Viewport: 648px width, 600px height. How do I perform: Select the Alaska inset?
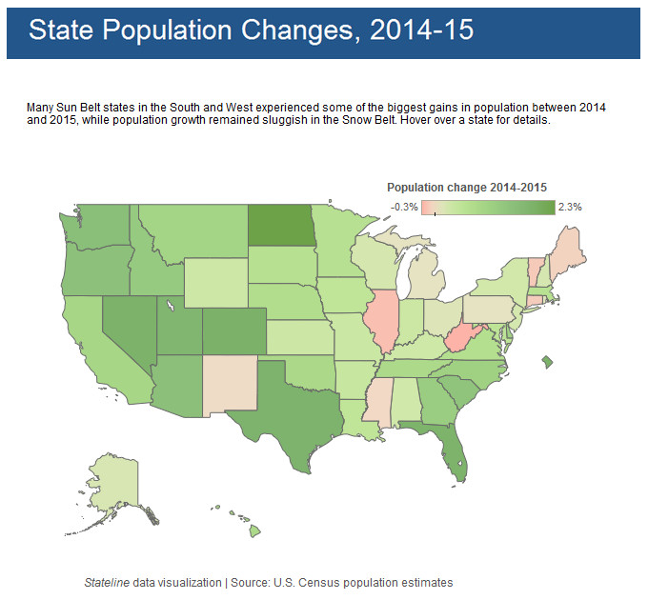pos(111,472)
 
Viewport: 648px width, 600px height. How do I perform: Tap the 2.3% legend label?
pos(570,207)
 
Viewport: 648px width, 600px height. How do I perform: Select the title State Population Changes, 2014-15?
pos(250,30)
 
